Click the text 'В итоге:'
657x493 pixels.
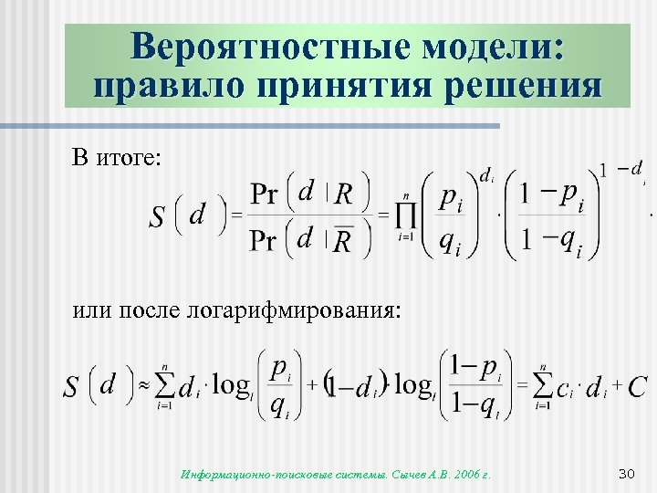point(118,157)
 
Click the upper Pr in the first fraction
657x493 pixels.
point(266,194)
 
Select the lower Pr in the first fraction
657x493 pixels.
point(266,240)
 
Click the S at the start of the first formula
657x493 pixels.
point(158,217)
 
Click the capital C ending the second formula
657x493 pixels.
point(638,386)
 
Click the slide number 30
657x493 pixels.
point(626,473)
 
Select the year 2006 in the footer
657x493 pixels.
point(468,474)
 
